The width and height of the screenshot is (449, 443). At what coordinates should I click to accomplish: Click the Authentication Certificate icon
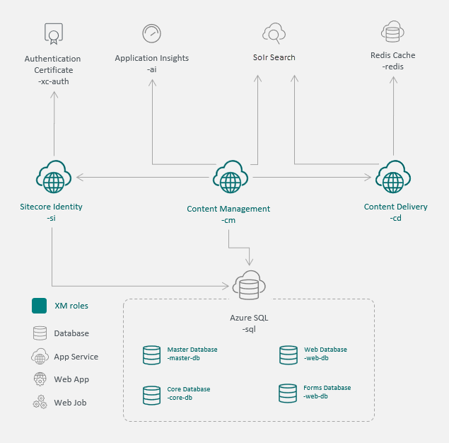(54, 34)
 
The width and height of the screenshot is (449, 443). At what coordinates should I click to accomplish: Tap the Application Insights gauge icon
(151, 33)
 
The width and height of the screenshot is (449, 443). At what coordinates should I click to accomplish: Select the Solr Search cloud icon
(274, 33)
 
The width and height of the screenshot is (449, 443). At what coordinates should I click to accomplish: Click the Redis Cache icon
(392, 32)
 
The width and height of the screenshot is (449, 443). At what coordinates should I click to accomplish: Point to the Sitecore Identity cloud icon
(54, 176)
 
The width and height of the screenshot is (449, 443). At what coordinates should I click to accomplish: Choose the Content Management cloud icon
(231, 176)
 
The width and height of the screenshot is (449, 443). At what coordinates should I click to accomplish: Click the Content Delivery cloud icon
(393, 176)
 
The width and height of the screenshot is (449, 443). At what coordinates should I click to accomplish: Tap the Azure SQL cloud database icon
(249, 285)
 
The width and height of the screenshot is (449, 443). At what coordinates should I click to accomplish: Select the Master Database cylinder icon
(151, 355)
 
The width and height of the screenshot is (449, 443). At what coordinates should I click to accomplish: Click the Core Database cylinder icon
(151, 395)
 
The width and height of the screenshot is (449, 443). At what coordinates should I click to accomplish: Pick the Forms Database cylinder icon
(288, 393)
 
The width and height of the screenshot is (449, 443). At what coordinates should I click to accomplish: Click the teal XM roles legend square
(39, 306)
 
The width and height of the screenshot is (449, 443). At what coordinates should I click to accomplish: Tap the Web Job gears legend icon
(40, 402)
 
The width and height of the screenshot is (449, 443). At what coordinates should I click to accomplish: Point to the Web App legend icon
(40, 379)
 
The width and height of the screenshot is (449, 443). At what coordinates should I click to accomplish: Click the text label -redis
(392, 67)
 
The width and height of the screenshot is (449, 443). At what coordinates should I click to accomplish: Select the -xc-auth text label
(54, 81)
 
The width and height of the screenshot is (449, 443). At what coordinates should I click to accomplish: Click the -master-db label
(184, 358)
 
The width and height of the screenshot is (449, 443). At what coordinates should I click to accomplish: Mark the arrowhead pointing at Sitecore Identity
(80, 177)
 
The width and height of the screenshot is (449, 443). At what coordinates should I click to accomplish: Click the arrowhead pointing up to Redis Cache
(393, 80)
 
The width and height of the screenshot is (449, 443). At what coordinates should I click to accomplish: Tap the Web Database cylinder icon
(288, 355)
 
